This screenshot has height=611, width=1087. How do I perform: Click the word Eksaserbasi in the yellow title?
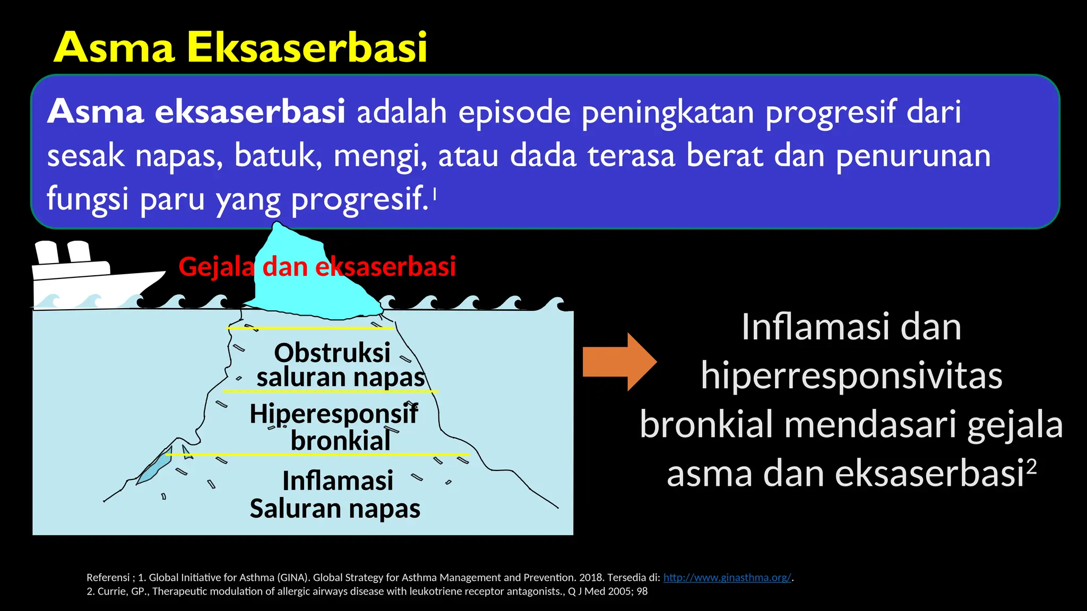click(307, 48)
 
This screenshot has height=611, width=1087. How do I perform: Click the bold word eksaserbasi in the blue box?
click(249, 112)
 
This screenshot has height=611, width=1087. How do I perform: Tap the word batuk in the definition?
click(278, 156)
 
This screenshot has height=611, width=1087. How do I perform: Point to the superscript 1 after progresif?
click(435, 194)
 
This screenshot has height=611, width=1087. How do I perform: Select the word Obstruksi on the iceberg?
click(332, 353)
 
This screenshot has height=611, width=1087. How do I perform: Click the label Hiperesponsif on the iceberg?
click(333, 414)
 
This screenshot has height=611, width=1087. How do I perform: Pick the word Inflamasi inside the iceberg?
click(338, 481)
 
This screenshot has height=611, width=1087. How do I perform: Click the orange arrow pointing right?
click(619, 362)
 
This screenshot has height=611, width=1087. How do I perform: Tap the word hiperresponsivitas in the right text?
click(851, 376)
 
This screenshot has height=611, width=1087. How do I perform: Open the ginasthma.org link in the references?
click(727, 578)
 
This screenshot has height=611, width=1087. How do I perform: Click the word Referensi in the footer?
click(108, 578)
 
